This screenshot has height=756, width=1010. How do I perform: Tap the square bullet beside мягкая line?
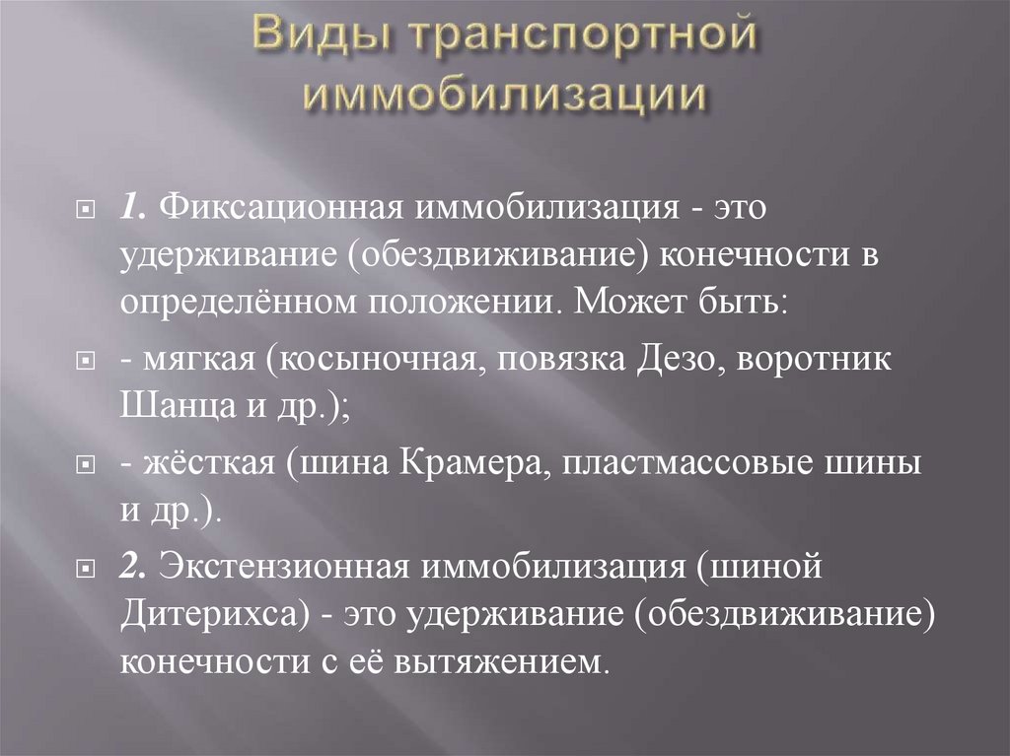[87, 362]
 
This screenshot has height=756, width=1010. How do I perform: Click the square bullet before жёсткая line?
[87, 466]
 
